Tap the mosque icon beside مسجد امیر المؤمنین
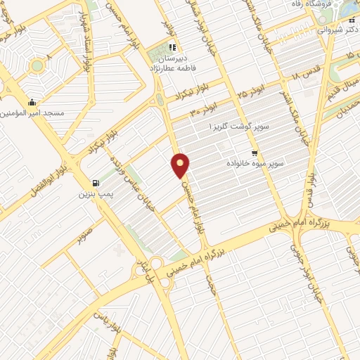pyautogui.click(x=32, y=103)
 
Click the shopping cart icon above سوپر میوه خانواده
pyautogui.click(x=255, y=153)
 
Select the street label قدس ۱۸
pyautogui.click(x=304, y=75)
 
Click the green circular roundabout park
pyautogui.click(x=37, y=66)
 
